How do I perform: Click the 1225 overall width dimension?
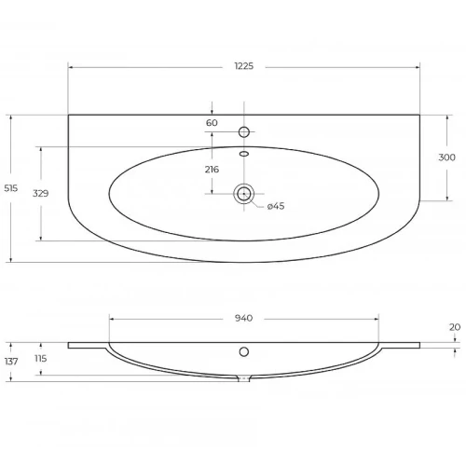244,66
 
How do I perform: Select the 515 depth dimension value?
11,188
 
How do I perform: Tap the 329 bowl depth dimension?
41,193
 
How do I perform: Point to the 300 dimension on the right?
446,158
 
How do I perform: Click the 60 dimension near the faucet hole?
212,123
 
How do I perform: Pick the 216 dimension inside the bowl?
212,170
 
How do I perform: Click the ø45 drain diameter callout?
276,206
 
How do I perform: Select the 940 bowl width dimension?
243,318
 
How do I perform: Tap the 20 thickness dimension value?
455,327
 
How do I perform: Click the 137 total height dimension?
11,362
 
